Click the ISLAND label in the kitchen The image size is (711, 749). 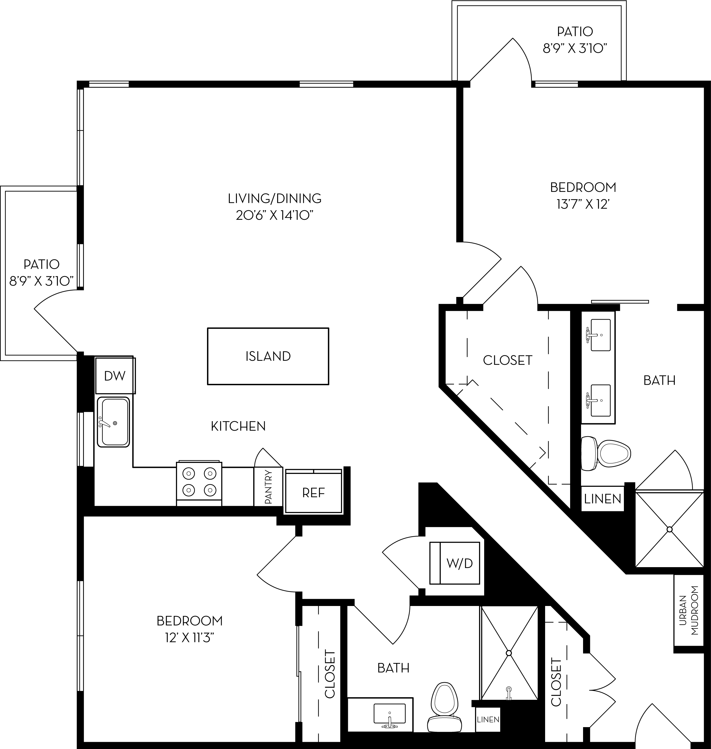(268, 356)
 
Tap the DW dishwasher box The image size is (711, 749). (114, 376)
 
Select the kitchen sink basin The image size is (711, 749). (113, 422)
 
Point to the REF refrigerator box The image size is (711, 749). (313, 492)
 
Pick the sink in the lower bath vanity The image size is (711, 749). (389, 714)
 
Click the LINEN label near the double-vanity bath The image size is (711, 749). (602, 499)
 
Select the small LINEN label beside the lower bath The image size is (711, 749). (488, 719)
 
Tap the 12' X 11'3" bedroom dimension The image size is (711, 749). (189, 638)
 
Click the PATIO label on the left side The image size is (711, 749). (41, 264)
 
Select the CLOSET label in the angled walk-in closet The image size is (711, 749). (507, 360)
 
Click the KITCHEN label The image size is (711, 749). (238, 426)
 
